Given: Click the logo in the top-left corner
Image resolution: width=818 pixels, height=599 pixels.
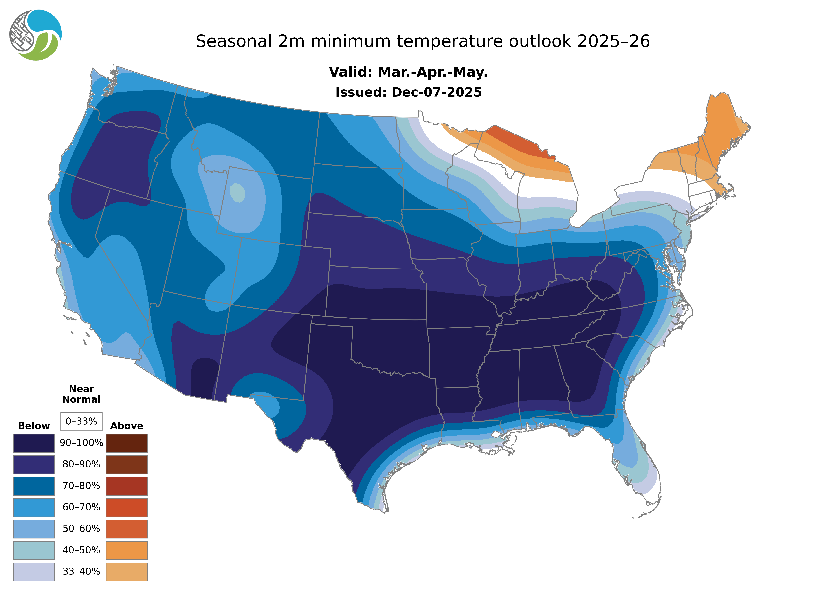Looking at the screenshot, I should [36, 35].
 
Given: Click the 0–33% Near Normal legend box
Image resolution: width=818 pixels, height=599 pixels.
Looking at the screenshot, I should [81, 421].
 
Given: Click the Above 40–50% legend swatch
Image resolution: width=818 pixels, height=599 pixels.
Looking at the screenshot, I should [127, 550].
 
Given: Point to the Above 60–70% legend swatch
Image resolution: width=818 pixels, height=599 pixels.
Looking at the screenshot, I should [127, 507].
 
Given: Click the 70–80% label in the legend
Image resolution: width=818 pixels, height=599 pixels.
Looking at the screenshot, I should [81, 486].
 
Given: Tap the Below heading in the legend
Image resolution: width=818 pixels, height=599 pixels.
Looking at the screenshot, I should [34, 426].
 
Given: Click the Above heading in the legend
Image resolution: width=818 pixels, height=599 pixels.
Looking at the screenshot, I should [127, 426].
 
